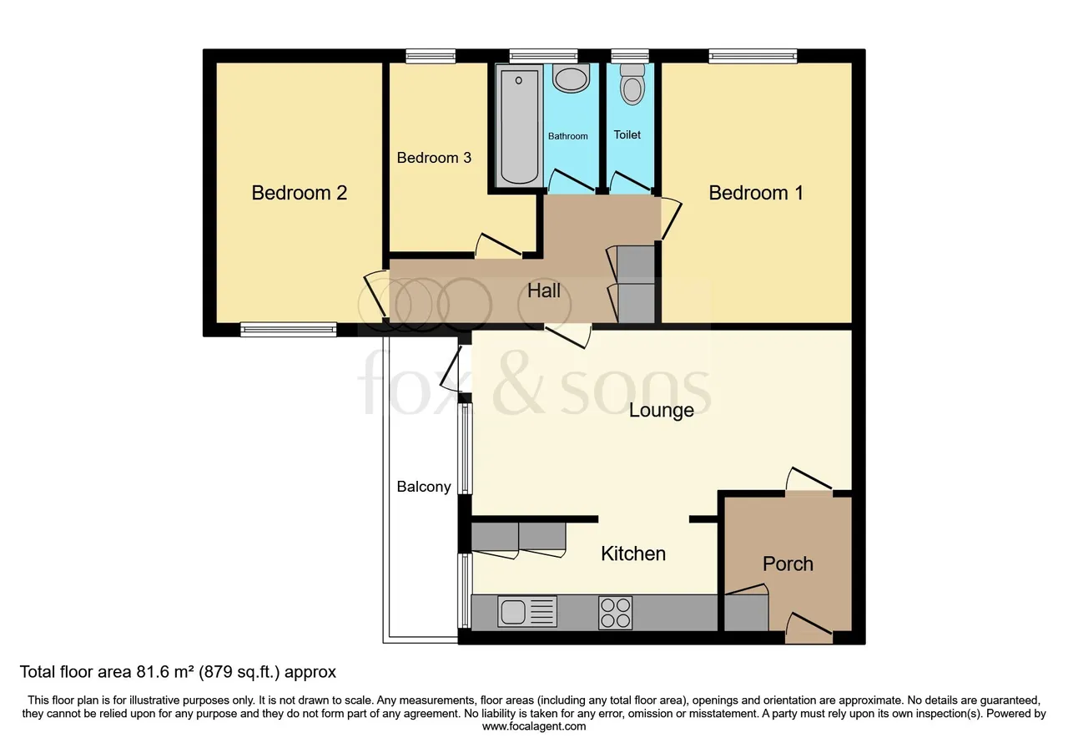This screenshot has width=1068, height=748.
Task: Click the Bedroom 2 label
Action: point(299,193)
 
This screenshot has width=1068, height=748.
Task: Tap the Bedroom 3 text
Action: point(434,158)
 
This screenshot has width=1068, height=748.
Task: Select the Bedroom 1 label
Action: point(756,193)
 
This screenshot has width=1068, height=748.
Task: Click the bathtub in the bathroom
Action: point(519,126)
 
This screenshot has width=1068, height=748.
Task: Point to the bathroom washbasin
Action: point(571,78)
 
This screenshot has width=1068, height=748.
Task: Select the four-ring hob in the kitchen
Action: point(615,613)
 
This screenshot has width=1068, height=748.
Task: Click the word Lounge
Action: point(661,410)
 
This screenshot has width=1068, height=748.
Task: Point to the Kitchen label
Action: point(633,553)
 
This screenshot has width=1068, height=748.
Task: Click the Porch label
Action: point(788,564)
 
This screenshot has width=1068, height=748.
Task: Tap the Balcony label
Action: point(424,487)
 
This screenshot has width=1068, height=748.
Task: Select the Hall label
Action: point(543,291)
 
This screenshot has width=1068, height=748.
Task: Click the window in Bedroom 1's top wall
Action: point(753,56)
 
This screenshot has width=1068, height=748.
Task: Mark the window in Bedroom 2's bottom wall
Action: point(289,329)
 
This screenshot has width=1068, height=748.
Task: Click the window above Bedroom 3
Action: point(431,56)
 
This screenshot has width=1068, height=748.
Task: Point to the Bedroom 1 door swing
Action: point(671,218)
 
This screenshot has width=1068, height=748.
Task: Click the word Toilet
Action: point(627,135)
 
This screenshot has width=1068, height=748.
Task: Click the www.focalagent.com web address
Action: point(534,726)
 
